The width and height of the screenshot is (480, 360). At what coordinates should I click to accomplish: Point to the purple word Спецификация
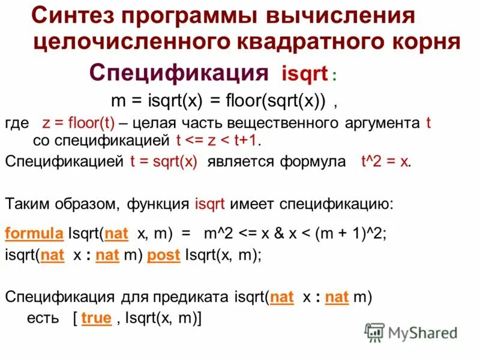point(178,73)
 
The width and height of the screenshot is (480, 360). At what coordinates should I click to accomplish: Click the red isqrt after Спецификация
point(304,75)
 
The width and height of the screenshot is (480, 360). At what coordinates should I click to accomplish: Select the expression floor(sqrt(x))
point(276,101)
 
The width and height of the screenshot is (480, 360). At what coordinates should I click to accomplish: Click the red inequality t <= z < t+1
point(219,141)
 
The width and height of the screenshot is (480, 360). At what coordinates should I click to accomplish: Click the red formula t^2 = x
point(385,161)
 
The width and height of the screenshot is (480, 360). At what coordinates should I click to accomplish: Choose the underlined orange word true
point(96,319)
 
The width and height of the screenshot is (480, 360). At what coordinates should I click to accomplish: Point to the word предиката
point(196,297)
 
